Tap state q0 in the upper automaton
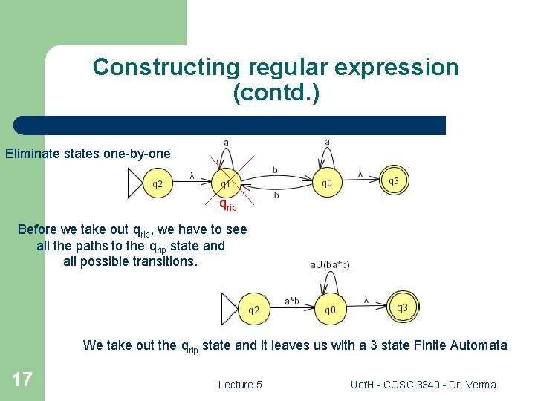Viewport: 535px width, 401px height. click(x=327, y=183)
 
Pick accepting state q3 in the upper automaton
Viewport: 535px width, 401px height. click(x=394, y=180)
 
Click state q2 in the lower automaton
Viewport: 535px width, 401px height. click(x=253, y=310)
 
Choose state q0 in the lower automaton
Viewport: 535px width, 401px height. click(x=331, y=310)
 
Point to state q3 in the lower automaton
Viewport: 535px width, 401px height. click(x=402, y=307)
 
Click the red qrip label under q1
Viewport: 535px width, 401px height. click(x=227, y=204)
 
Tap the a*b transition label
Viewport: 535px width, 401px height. click(x=292, y=301)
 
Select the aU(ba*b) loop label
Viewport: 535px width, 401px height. click(x=330, y=264)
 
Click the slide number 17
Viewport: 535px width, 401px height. click(x=22, y=380)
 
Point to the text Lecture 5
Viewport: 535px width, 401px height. click(x=240, y=385)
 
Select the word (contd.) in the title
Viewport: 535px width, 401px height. click(x=276, y=93)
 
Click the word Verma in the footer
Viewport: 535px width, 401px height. click(x=480, y=385)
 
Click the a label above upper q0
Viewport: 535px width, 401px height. click(x=328, y=141)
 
